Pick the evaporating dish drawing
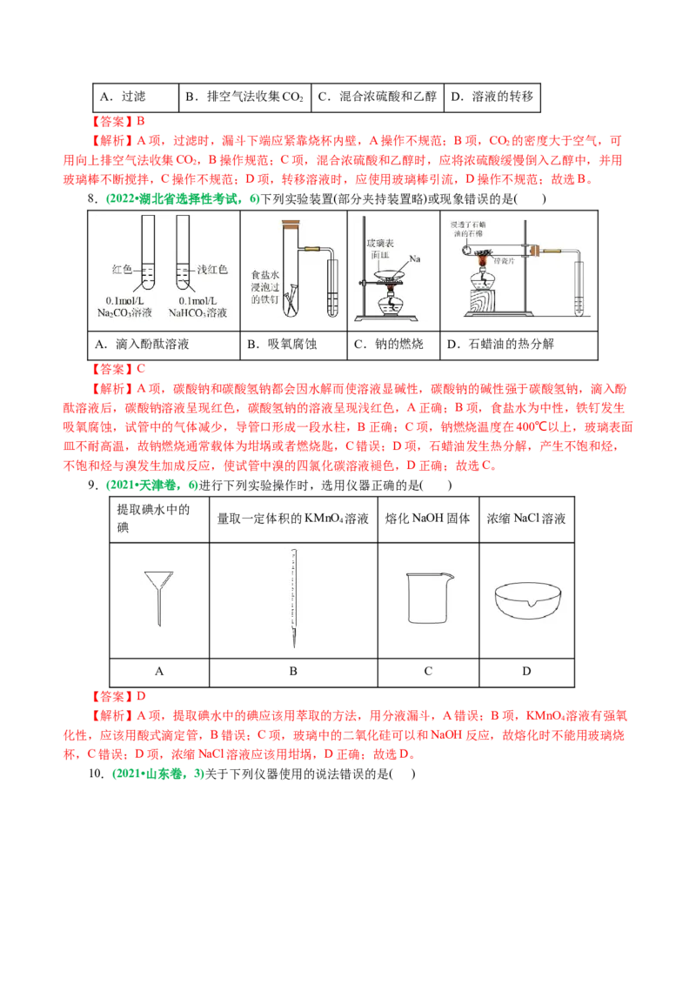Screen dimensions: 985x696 [x=525, y=600]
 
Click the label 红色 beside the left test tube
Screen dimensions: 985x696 [x=124, y=270]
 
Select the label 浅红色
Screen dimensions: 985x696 [x=211, y=270]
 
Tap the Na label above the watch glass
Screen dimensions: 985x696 [x=415, y=258]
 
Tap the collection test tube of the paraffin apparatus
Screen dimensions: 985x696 [x=579, y=291]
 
